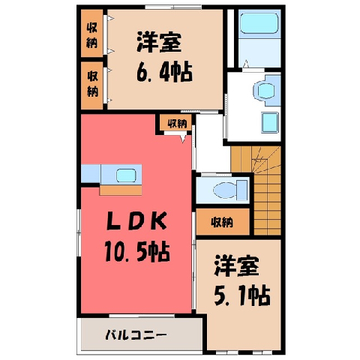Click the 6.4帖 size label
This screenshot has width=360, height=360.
tap(164, 72)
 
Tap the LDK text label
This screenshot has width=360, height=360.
tap(136, 220)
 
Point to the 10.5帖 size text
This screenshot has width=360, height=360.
tap(137, 251)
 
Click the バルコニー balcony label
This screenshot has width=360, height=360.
tap(136, 334)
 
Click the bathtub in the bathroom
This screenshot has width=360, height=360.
tap(259, 23)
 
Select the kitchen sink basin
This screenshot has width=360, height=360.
tap(126, 175)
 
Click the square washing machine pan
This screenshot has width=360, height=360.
tap(270, 122)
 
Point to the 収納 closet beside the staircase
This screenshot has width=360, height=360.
tap(223, 222)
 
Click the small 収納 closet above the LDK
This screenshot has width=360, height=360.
tap(176, 123)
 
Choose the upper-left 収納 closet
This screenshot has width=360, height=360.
tap(92, 33)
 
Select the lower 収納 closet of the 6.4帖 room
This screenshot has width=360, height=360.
tap(92, 85)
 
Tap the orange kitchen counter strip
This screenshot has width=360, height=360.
tap(121, 190)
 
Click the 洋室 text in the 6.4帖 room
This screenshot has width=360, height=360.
tap(159, 42)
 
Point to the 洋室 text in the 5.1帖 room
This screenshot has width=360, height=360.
tap(236, 265)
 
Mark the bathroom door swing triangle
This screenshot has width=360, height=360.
tap(246, 64)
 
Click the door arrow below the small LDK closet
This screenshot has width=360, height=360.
tap(184, 139)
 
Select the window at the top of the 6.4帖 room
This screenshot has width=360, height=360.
tap(173, 7)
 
